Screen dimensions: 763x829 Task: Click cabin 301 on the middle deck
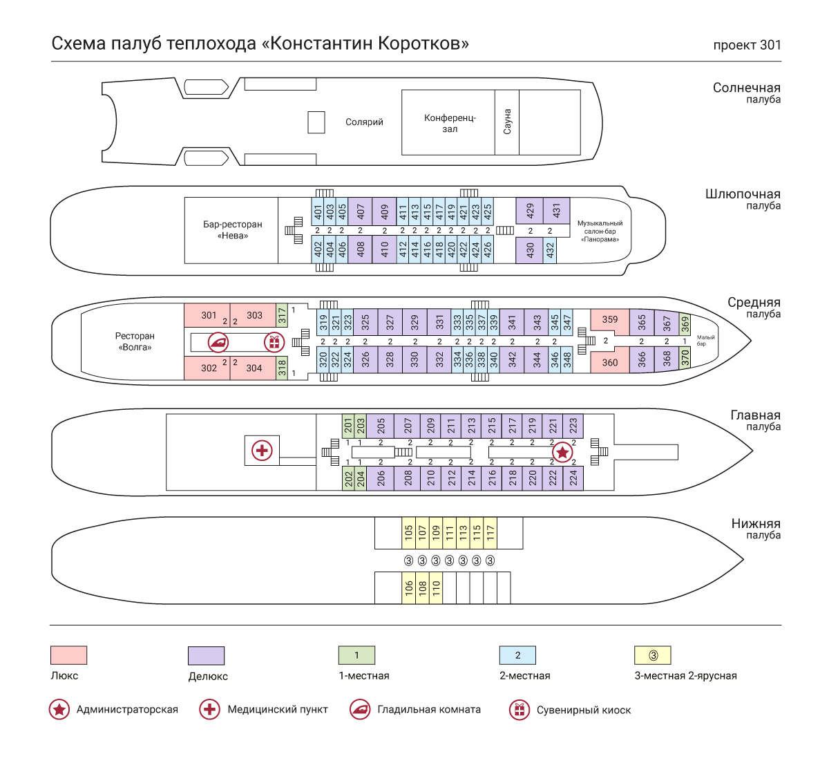pos(209,315)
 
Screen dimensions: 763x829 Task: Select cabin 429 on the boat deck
pos(530,210)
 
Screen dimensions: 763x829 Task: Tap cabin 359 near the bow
pos(610,319)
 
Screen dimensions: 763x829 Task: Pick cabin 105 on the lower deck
pos(409,532)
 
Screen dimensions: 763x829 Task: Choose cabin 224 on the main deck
pos(573,478)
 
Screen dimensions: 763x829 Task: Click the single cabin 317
pos(282,316)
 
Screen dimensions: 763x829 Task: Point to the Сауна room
pos(507,122)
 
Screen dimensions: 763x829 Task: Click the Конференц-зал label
pos(450,123)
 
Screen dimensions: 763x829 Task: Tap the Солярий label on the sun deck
pos(364,122)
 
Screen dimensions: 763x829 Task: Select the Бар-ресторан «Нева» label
pos(233,229)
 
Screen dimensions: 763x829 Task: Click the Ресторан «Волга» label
pos(135,341)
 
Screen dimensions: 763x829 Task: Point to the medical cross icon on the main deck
pos(262,451)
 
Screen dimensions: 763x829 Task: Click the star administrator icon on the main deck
pos(563,453)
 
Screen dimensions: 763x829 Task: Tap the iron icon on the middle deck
pos(218,341)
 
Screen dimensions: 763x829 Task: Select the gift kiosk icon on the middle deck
pos(274,341)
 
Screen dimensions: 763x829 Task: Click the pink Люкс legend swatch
pos(69,655)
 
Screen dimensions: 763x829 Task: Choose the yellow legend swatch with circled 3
pos(653,655)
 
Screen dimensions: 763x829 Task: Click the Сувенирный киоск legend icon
pos(519,710)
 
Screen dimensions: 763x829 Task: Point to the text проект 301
pos(747,46)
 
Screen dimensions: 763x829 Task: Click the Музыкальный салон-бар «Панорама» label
pos(600,232)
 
